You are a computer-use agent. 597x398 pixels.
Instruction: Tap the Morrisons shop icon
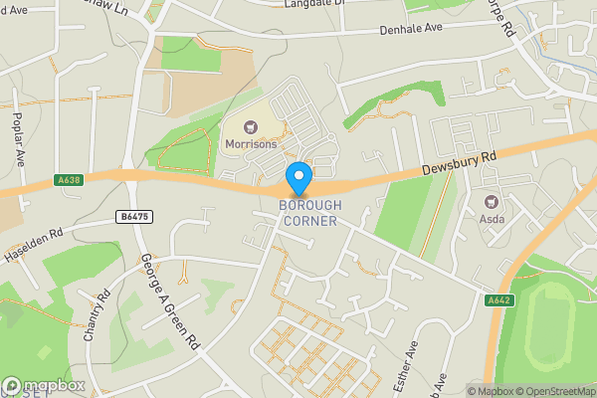pos(251,125)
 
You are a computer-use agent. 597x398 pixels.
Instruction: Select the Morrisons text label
pos(251,143)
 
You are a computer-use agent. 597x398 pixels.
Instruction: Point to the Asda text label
pos(492,218)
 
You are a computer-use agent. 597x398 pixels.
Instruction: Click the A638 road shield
pos(68,181)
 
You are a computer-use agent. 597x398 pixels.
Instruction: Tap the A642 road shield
pos(499,299)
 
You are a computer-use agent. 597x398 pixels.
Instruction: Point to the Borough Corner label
pos(309,213)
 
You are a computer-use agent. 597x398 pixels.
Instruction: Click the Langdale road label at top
pos(319,4)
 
